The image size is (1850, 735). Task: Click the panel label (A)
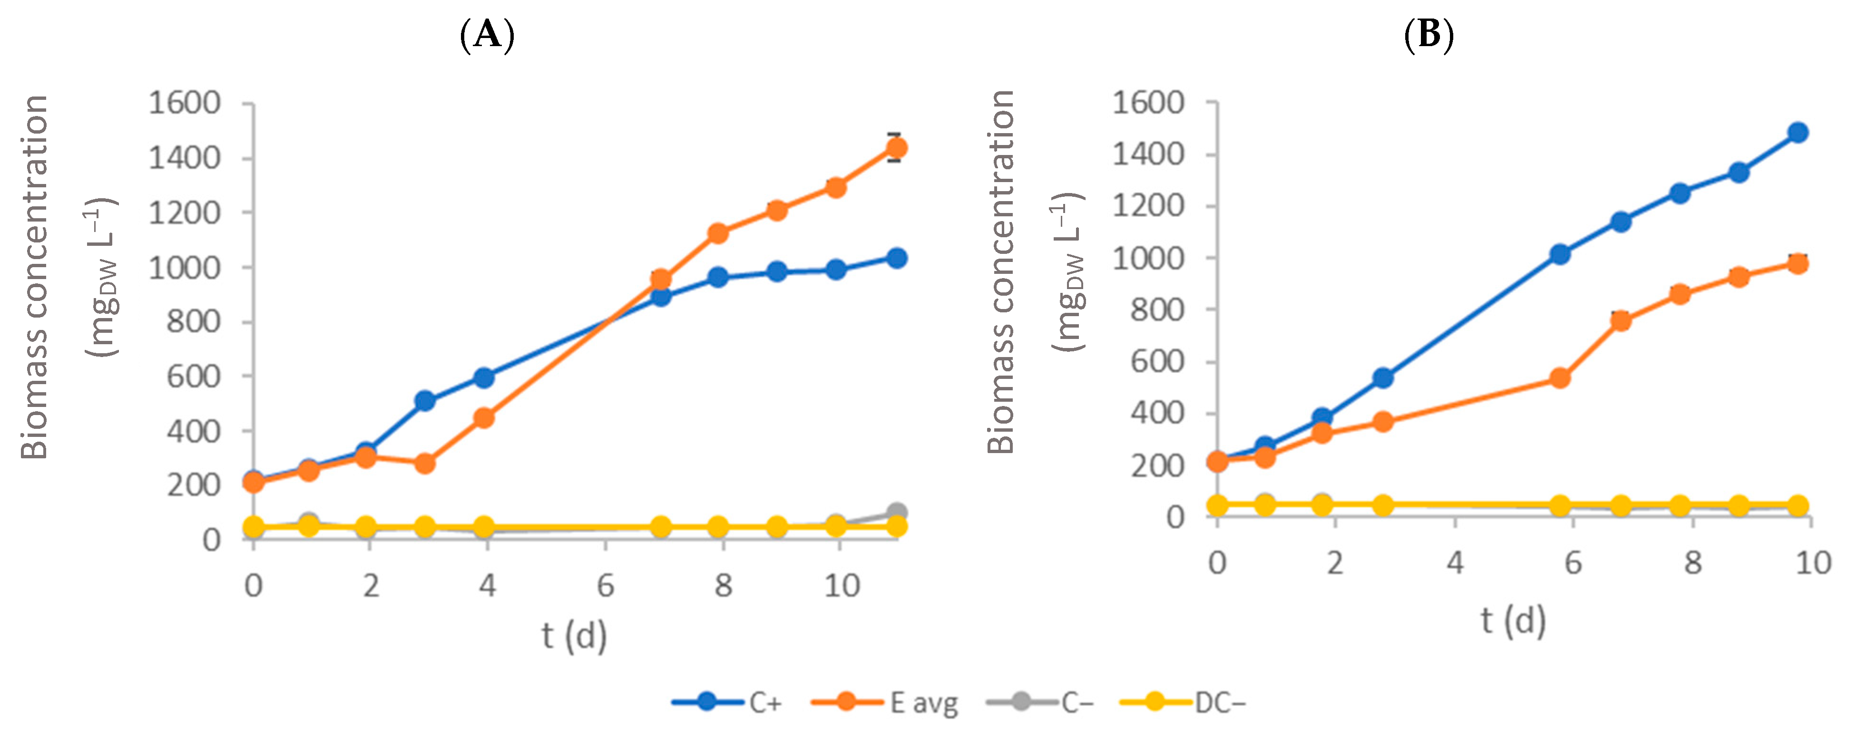(x=488, y=34)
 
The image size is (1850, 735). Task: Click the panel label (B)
(x=1429, y=34)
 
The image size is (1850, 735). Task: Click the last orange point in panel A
(x=896, y=148)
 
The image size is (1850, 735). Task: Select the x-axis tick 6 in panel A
(x=606, y=586)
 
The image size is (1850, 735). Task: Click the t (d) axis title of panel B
(x=1513, y=620)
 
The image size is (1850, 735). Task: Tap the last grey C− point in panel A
(x=896, y=512)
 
